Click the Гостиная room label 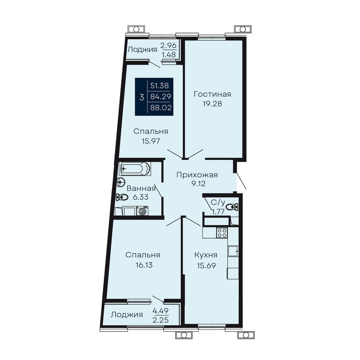pos(212,94)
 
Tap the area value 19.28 pos(212,104)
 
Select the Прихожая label pos(197,175)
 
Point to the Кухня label pos(206,255)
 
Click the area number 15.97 pos(151,141)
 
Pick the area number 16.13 pos(144,265)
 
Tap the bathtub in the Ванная pos(135,169)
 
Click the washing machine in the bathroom pos(142,211)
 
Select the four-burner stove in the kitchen pos(222,233)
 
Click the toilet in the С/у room pos(232,207)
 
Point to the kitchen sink pos(233,251)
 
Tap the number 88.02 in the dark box pos(161,108)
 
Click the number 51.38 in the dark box pos(160,86)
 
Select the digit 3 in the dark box pos(142,97)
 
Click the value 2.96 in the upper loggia pos(169,45)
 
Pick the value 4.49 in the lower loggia pos(161,311)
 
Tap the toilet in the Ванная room pos(122,197)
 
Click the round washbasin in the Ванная pos(121,183)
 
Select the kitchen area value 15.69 pos(206,266)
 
